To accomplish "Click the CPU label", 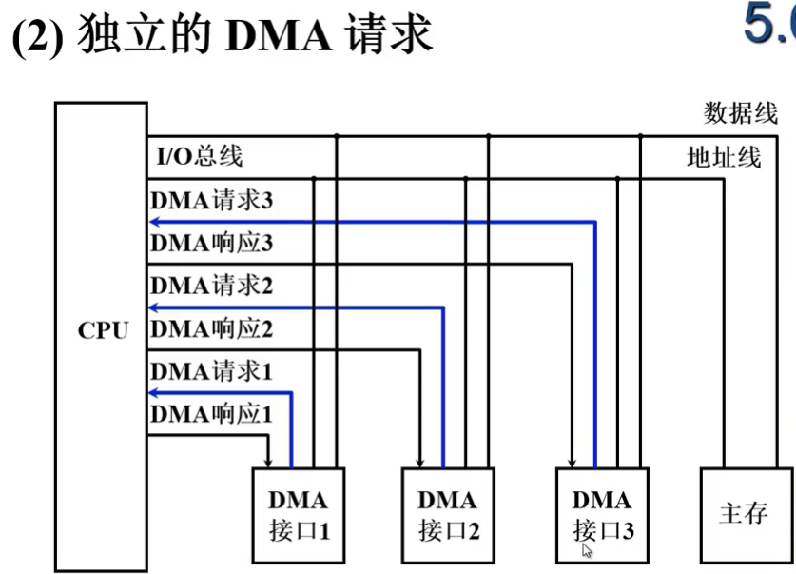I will point(102,331).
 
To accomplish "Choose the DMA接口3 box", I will point(602,514).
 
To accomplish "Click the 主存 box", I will point(744,514).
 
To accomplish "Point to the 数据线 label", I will point(740,113).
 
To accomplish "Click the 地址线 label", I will point(724,157).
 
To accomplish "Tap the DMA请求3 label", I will point(211,201).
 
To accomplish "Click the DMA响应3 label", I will point(211,243).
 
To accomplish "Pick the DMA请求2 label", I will point(211,285).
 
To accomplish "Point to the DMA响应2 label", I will point(211,329).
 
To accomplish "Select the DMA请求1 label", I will point(211,370).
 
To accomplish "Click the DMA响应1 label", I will point(211,414).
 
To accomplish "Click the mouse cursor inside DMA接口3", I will point(588,549).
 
